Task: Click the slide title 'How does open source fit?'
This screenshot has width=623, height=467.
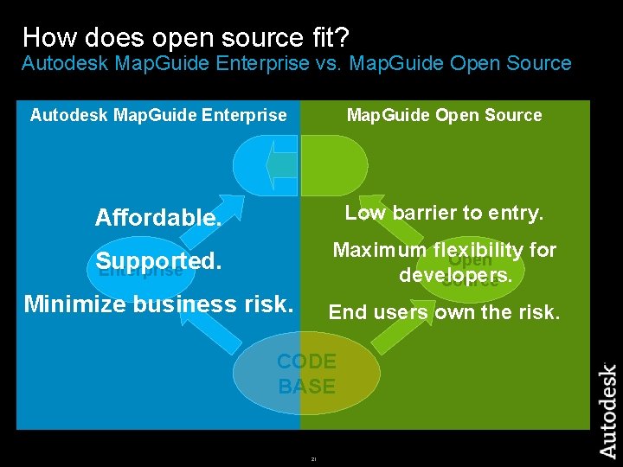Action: coord(185,36)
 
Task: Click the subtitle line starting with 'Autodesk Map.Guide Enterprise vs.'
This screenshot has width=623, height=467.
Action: coord(296,63)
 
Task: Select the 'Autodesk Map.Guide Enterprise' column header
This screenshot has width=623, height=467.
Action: coord(158,115)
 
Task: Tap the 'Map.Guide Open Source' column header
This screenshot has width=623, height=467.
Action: coord(444,115)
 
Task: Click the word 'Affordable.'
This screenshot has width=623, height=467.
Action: coord(158,217)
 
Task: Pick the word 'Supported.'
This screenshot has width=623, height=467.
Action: coord(159,260)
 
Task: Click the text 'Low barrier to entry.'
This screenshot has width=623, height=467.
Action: coord(444,213)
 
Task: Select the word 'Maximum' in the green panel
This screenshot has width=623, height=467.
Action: coord(380,251)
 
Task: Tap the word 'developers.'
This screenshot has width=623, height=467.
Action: coord(456,275)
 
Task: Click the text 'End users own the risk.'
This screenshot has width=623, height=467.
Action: coord(444,312)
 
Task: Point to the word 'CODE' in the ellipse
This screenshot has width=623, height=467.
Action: coord(306,361)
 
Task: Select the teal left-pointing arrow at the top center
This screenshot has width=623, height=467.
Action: coord(279,164)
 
